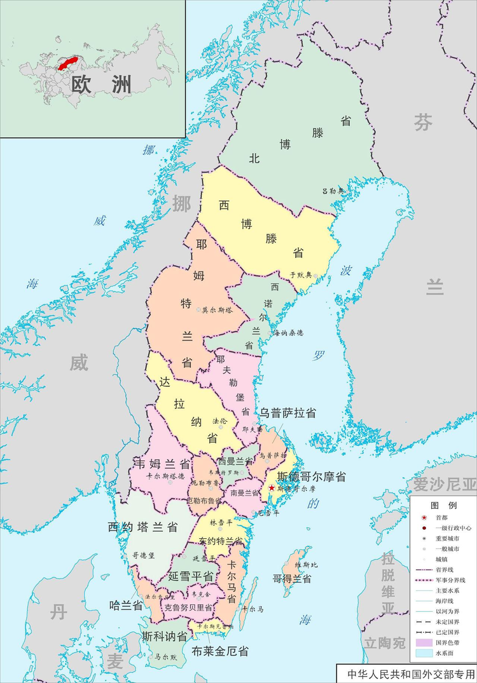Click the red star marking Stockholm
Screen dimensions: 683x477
tap(272, 488)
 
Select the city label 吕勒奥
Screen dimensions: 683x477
tap(333, 191)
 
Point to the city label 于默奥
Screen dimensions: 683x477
tap(301, 275)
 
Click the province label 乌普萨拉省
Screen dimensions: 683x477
tap(287, 412)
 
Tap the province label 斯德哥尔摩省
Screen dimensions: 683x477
tap(312, 477)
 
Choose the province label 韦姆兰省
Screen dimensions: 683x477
tap(162, 463)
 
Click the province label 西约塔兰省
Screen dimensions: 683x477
tap(142, 527)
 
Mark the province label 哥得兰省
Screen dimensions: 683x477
tap(292, 579)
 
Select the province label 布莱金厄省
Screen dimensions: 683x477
tap(220, 651)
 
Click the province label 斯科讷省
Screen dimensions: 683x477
tap(164, 636)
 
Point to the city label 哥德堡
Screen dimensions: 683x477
tap(144, 555)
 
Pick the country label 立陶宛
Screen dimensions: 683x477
tap(384, 643)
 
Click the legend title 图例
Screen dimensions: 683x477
tap(443, 506)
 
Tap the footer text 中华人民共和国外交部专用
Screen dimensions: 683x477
tap(406, 673)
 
